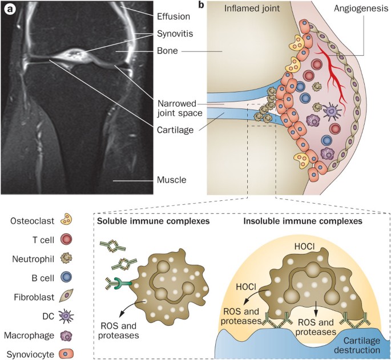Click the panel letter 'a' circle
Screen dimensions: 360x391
point(10,10)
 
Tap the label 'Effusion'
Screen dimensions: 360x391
point(175,17)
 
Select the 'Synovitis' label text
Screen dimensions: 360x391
point(175,34)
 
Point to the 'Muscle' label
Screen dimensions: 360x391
point(171,182)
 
